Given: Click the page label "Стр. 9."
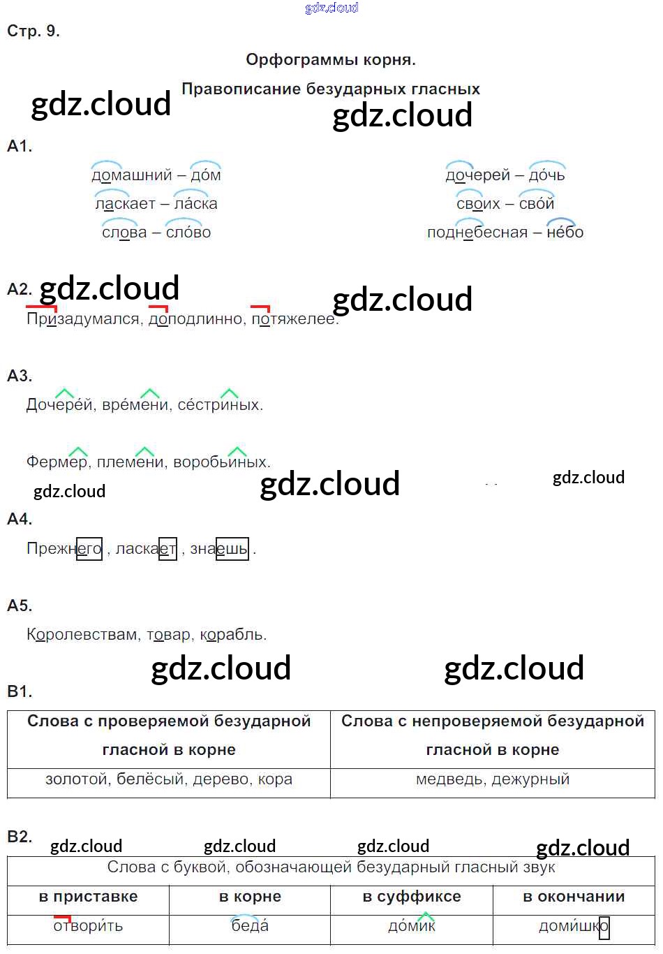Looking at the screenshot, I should (x=33, y=31).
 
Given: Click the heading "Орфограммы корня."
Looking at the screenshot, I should (x=331, y=60).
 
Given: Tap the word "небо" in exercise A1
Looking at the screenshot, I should (x=565, y=233).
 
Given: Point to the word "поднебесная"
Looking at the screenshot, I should (x=477, y=233).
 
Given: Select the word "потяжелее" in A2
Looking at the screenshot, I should (x=294, y=319).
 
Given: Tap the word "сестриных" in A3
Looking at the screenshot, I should (x=219, y=405).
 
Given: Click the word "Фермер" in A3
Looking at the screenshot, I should (x=57, y=462).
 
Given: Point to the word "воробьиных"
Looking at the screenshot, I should (x=220, y=462).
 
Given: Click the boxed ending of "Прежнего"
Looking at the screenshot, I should (x=89, y=549).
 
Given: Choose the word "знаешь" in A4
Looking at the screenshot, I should (x=218, y=549).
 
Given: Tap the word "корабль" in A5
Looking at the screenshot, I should (x=232, y=635).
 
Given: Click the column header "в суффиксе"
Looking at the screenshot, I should (x=412, y=897).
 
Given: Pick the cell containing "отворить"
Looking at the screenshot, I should (x=88, y=927).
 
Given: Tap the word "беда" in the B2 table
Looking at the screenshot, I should (x=250, y=927).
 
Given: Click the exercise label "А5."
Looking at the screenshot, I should (x=20, y=606).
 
